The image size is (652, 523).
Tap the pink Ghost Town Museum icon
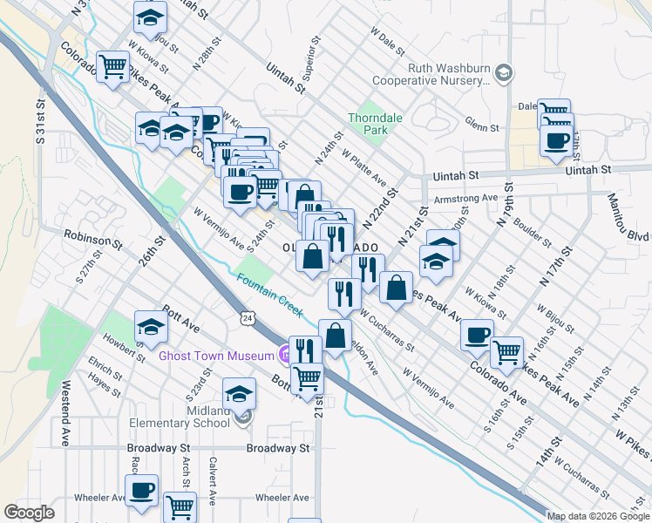tap(284, 355)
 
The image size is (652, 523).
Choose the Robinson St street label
tap(92, 238)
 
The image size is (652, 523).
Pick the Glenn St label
tap(481, 127)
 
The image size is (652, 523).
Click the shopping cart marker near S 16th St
tap(506, 351)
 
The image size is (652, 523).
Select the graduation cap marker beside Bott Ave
tap(151, 328)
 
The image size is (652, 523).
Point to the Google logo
tap(30, 513)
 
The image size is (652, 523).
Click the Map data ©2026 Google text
tap(598, 516)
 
